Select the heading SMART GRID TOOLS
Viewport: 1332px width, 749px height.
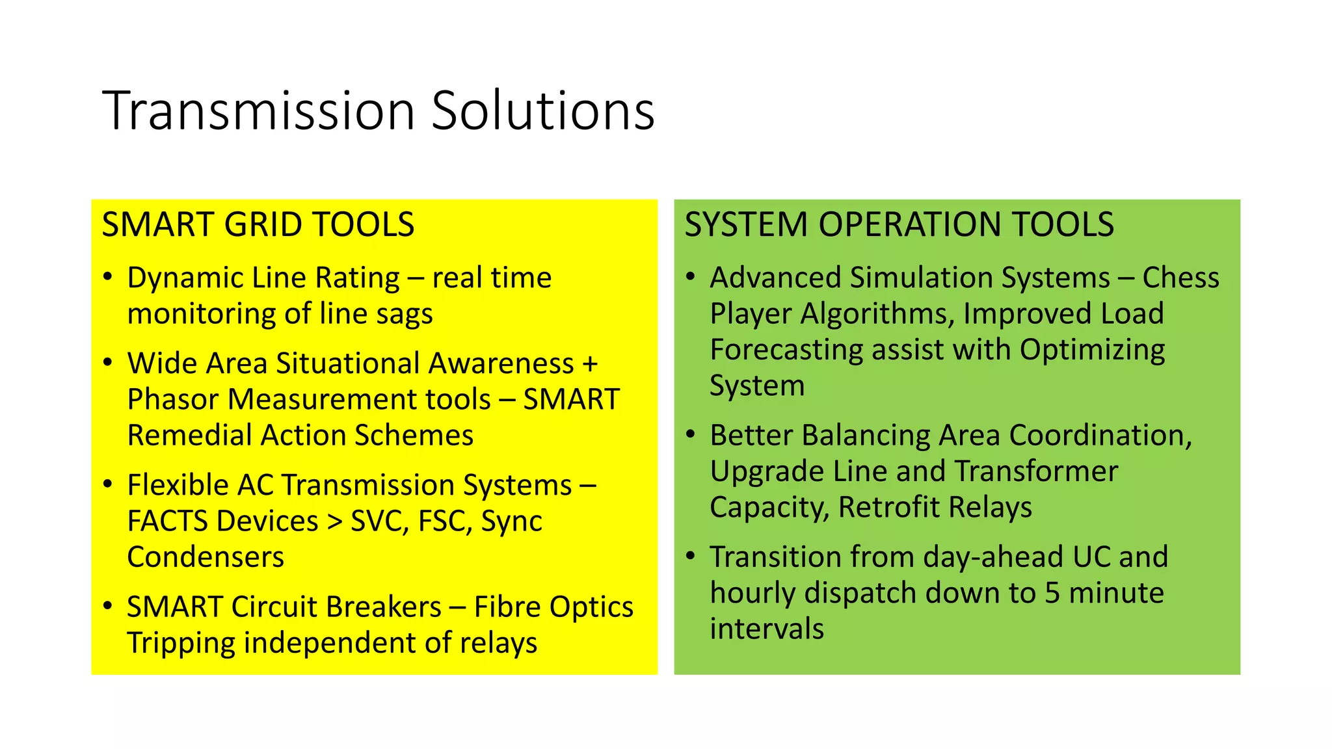[258, 224]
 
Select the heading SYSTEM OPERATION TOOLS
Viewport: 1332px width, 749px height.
[899, 224]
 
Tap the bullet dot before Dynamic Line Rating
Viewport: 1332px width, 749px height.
[108, 277]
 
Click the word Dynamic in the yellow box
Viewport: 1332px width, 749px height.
[185, 278]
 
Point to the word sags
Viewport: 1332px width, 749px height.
[404, 314]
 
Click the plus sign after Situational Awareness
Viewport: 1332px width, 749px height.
[590, 363]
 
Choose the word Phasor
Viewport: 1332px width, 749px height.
[173, 399]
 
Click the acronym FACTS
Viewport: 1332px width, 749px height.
[166, 521]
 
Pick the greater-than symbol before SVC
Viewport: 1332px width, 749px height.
[334, 521]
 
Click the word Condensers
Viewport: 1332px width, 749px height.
[206, 557]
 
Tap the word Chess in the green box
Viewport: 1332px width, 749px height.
[1180, 278]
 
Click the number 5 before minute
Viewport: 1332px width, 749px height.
[1052, 593]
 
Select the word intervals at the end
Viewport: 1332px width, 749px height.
[766, 629]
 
